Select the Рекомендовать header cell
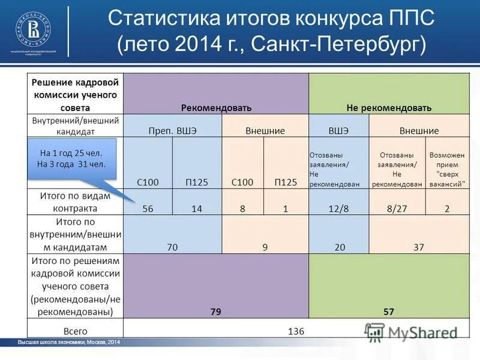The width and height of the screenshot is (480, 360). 216,108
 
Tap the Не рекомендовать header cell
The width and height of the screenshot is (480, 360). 389,108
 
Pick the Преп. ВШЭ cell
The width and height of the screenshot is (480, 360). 172,130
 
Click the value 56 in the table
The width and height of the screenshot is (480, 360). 148,209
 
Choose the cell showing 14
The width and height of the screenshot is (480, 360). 196,209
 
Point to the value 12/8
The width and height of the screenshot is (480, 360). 338,209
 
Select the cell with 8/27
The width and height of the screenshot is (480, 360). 397,209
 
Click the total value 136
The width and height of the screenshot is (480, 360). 296,331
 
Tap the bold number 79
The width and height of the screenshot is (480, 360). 216,311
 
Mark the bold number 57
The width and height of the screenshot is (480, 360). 389,311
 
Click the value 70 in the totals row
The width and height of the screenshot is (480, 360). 172,247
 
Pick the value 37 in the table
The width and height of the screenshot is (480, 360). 419,247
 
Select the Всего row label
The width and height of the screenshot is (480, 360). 76,331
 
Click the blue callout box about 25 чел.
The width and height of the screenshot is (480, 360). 71,158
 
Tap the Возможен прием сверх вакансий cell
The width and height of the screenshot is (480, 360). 447,169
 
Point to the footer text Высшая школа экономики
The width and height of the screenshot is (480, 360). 69,342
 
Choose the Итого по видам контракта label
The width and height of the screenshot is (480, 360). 75,202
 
